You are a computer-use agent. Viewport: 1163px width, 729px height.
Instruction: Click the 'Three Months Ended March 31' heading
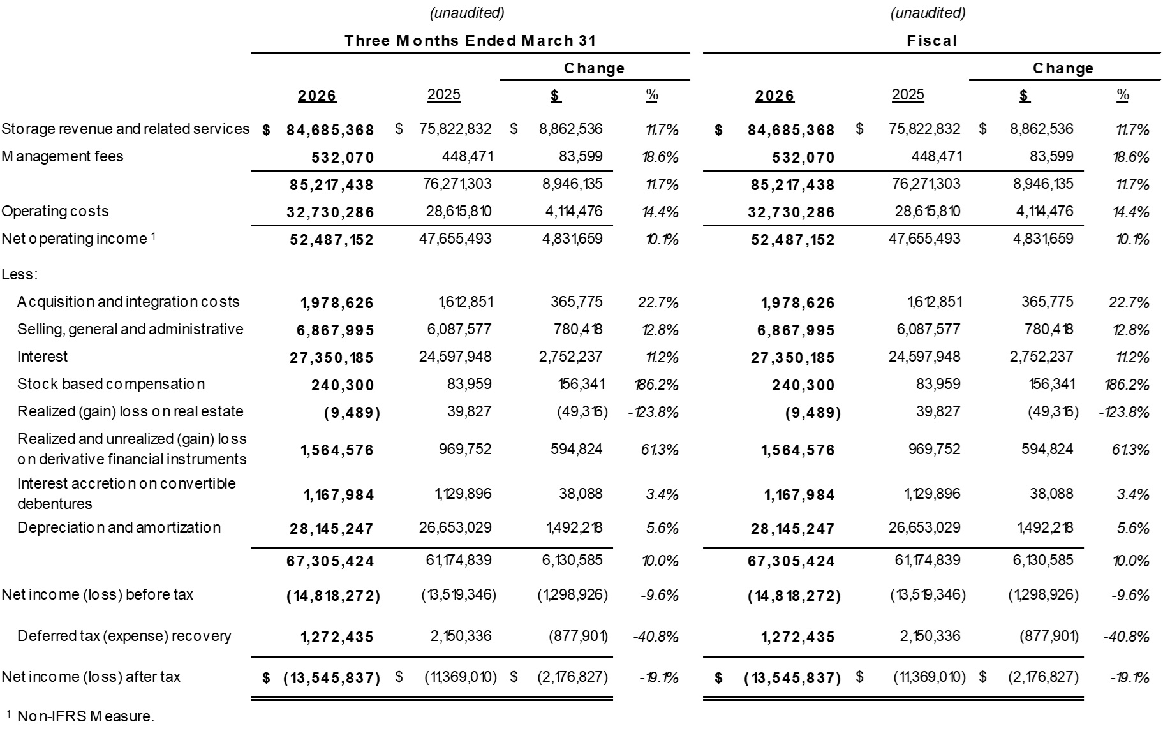pos(470,41)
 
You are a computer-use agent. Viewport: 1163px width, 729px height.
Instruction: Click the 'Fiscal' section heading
pos(932,41)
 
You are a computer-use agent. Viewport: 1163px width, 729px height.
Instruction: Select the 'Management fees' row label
pos(63,156)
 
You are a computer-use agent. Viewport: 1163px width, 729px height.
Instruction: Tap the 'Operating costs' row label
pos(56,211)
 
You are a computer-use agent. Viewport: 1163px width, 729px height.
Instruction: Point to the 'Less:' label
pos(20,274)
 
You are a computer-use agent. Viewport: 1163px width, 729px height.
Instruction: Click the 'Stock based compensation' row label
pos(111,384)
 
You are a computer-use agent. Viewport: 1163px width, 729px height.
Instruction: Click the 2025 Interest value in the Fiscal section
pos(924,357)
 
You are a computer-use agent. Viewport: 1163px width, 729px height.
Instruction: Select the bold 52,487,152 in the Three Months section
pos(332,240)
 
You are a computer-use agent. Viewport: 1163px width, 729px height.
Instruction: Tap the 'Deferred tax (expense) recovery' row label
pos(124,636)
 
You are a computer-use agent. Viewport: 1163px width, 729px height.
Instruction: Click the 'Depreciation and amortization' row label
pos(119,527)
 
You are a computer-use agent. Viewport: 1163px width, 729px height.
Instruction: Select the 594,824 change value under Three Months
pos(576,449)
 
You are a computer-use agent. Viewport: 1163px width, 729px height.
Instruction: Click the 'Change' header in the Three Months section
pos(594,68)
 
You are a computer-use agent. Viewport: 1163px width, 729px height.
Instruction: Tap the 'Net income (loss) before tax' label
pos(97,594)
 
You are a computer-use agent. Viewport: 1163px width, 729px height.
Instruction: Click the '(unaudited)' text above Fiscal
pos(928,13)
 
